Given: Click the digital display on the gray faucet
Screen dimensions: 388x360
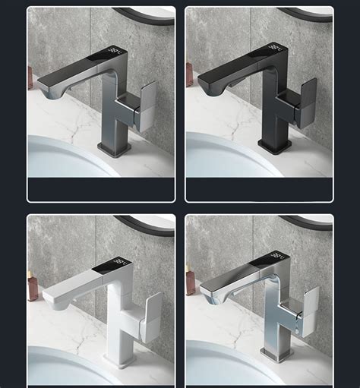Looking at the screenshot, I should pos(115,52).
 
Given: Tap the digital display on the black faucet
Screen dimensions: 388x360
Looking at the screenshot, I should pos(273,52).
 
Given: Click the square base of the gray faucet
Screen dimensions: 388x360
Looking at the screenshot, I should pos(114,148).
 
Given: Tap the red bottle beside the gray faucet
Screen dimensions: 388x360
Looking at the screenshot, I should pos(30,78).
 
